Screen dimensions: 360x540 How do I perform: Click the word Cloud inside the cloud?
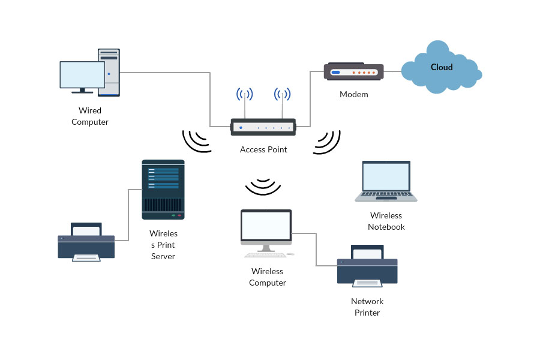click(x=442, y=67)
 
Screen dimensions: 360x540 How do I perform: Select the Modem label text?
click(x=353, y=94)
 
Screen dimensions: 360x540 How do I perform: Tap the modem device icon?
click(x=353, y=72)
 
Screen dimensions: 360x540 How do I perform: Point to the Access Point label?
click(x=263, y=149)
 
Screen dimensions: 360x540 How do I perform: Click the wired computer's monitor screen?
click(x=82, y=75)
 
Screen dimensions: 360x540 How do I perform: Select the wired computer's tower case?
click(x=109, y=72)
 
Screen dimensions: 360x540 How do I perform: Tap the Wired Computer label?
click(x=90, y=116)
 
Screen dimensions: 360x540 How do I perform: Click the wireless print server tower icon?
click(x=163, y=189)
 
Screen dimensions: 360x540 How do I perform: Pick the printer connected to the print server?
click(x=86, y=242)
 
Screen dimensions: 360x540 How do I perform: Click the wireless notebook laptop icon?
click(x=386, y=181)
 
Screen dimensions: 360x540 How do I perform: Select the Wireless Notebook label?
click(x=386, y=221)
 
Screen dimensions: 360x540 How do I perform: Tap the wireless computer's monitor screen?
click(x=266, y=226)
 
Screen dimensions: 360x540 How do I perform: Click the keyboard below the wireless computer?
click(x=266, y=254)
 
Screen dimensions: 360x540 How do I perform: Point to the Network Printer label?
click(x=367, y=307)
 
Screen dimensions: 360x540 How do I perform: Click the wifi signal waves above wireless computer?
click(x=263, y=187)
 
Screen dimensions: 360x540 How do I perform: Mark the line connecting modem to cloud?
click(x=392, y=72)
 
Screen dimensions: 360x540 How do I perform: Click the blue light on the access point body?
click(x=241, y=127)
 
